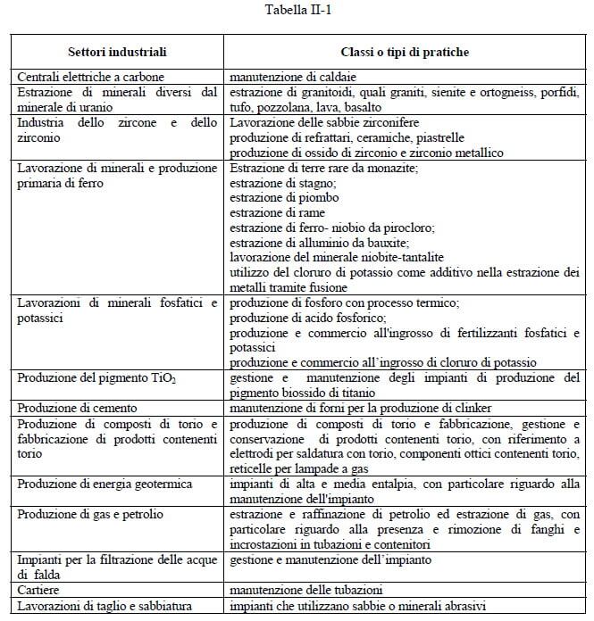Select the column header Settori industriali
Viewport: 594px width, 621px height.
pos(117,54)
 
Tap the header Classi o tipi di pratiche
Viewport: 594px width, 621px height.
pos(405,54)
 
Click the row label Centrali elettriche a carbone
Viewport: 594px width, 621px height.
pos(90,78)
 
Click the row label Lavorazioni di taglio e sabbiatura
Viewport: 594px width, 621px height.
pos(105,606)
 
